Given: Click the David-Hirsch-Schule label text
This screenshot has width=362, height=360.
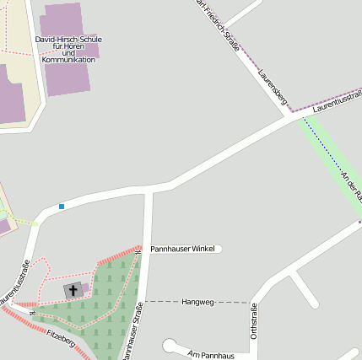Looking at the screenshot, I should coord(68,40).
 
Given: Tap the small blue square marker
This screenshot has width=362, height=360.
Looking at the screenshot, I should coord(62,207).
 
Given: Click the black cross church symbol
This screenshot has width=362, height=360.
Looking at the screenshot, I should coord(73,290).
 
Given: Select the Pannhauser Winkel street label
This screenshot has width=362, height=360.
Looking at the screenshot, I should coord(183,250).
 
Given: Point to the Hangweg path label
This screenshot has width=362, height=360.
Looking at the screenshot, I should coord(198,301).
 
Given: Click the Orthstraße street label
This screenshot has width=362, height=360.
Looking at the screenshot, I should coord(254,322).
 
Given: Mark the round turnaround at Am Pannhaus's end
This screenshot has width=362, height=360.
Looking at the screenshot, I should coord(170,345).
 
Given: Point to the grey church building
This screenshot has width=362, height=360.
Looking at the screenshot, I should coord(75,290).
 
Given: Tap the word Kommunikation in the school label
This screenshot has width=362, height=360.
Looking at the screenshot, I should coord(68,60).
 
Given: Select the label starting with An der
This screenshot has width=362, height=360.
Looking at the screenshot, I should coord(351,185).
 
